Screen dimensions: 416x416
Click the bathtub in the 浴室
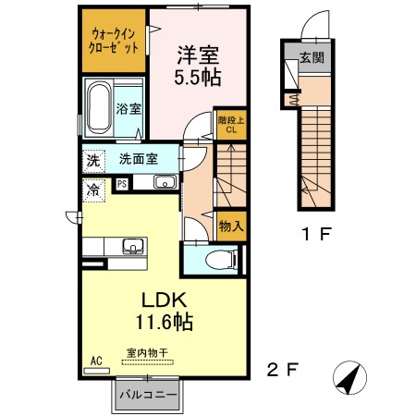98,109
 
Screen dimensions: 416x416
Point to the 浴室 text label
128,109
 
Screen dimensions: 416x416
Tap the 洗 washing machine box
92,159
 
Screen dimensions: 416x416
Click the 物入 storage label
232,225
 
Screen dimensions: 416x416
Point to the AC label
94,361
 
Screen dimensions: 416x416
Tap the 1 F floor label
313,235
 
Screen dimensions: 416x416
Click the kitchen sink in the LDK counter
133,246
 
